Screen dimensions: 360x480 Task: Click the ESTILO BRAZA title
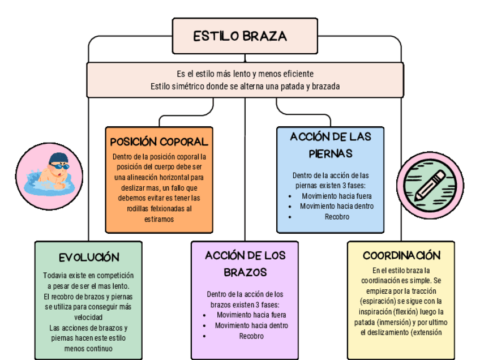tap(240, 37)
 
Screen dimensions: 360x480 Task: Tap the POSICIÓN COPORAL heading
tap(159, 142)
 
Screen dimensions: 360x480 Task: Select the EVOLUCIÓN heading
tap(89, 258)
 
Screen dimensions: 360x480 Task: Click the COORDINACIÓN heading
tap(401, 255)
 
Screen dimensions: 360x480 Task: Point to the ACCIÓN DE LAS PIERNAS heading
tap(331, 145)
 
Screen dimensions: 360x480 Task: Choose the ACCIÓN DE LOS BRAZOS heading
tap(245, 264)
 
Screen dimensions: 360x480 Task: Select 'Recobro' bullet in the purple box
tap(251, 336)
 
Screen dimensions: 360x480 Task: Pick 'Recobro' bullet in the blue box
tap(337, 216)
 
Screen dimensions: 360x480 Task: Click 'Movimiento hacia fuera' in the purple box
tap(251, 315)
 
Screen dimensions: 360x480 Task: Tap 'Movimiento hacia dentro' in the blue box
tap(337, 206)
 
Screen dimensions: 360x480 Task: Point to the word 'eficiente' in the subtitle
tap(295, 74)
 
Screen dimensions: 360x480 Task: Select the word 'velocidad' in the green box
tap(88, 317)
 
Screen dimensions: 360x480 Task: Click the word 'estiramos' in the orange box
tap(159, 218)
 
